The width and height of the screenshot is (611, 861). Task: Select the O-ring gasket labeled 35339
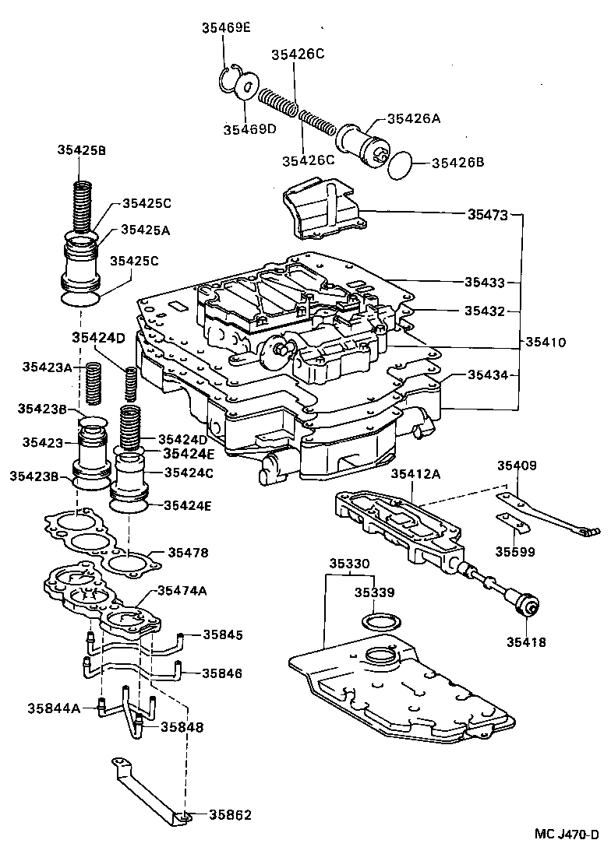click(383, 623)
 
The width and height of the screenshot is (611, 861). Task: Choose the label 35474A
click(182, 591)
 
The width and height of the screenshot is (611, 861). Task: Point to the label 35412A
click(415, 474)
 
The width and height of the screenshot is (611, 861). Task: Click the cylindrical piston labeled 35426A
click(360, 144)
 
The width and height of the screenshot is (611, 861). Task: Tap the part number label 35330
click(348, 563)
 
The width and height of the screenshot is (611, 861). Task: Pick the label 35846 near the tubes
click(223, 673)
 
